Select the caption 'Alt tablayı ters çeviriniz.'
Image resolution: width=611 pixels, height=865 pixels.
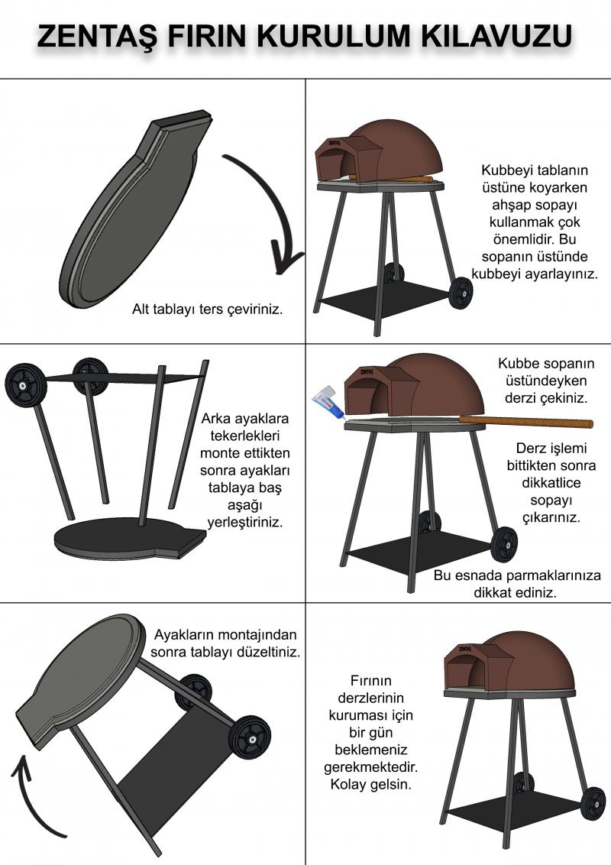tap(207, 309)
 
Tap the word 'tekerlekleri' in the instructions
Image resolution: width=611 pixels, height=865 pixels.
tap(244, 436)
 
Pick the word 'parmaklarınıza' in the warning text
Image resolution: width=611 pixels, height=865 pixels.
tap(554, 575)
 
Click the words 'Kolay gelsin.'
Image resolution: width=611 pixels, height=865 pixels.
tap(370, 784)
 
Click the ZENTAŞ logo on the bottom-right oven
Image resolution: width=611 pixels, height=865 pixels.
tap(464, 649)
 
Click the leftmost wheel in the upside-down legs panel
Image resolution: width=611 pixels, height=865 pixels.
tap(25, 384)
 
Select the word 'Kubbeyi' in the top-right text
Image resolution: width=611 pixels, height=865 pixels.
tap(504, 170)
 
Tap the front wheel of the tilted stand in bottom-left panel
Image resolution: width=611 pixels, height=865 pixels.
tap(251, 737)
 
